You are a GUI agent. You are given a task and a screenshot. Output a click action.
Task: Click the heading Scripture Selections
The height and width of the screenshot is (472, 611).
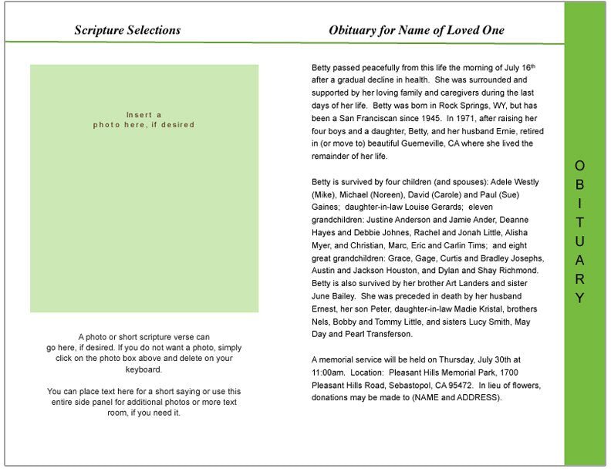coord(127,30)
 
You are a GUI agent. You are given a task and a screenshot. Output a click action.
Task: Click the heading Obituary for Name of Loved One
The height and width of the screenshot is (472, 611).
coord(416,30)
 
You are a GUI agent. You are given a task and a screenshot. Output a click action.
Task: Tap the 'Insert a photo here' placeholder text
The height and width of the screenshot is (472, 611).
coord(144,120)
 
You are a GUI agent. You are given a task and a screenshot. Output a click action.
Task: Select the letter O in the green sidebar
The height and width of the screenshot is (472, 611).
coord(580,165)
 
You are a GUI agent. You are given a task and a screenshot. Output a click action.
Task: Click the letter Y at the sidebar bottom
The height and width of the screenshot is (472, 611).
coord(580,298)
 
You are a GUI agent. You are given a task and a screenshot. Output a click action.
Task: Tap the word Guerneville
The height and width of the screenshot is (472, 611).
coord(419,143)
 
